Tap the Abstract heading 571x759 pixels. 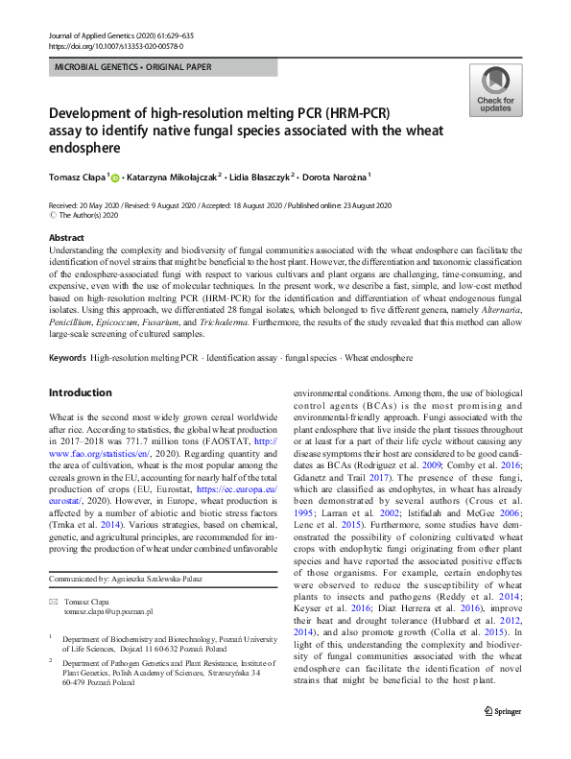[x=66, y=237]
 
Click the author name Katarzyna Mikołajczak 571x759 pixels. [x=175, y=178]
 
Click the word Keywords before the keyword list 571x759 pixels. [x=67, y=358]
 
